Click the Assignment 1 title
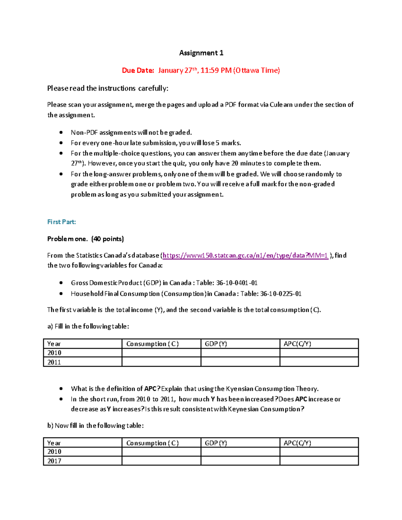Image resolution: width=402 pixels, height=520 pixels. point(201,53)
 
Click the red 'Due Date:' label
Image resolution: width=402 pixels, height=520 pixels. point(138,70)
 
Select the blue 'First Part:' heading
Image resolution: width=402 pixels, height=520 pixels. point(62,222)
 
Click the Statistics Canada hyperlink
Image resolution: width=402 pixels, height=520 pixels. point(245,255)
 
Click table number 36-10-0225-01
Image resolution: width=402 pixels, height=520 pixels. point(281,294)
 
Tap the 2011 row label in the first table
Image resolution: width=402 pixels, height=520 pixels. point(54,362)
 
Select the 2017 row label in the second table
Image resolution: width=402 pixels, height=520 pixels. point(54,461)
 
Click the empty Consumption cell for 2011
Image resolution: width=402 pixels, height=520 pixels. point(161,362)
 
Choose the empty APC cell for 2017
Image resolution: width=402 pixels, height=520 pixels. point(319,461)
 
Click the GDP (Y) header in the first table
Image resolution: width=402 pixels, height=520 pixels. point(216,344)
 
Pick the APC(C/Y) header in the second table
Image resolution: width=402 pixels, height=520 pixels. point(297,443)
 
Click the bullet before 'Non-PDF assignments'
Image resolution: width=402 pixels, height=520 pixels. point(61,133)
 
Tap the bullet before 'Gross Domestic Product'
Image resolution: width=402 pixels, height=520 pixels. point(61,283)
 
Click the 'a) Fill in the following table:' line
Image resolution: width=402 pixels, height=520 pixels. point(88,326)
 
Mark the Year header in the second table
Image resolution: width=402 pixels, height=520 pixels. point(54,443)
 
